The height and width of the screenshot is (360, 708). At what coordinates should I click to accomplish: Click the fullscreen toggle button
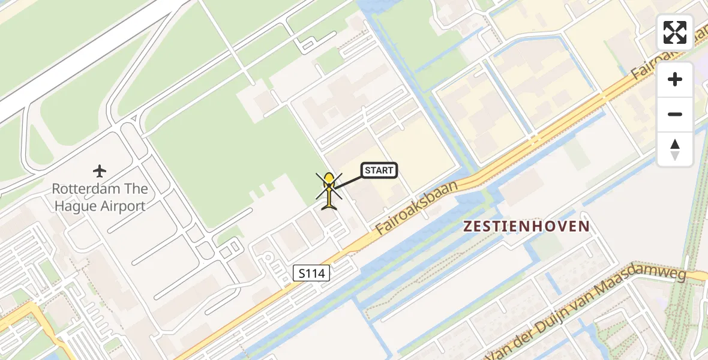tap(675, 32)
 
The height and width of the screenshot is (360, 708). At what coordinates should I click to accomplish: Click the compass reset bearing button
tap(675, 149)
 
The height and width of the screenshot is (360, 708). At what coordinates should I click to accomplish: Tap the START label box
tap(379, 170)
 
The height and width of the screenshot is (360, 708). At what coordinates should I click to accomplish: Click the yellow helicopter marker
tap(329, 191)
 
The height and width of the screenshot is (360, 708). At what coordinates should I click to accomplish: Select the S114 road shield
tap(312, 274)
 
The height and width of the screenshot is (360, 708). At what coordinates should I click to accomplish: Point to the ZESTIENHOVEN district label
tap(526, 226)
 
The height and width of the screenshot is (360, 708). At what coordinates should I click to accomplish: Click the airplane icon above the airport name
tap(100, 172)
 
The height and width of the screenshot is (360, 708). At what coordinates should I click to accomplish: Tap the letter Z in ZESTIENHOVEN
tap(468, 226)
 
